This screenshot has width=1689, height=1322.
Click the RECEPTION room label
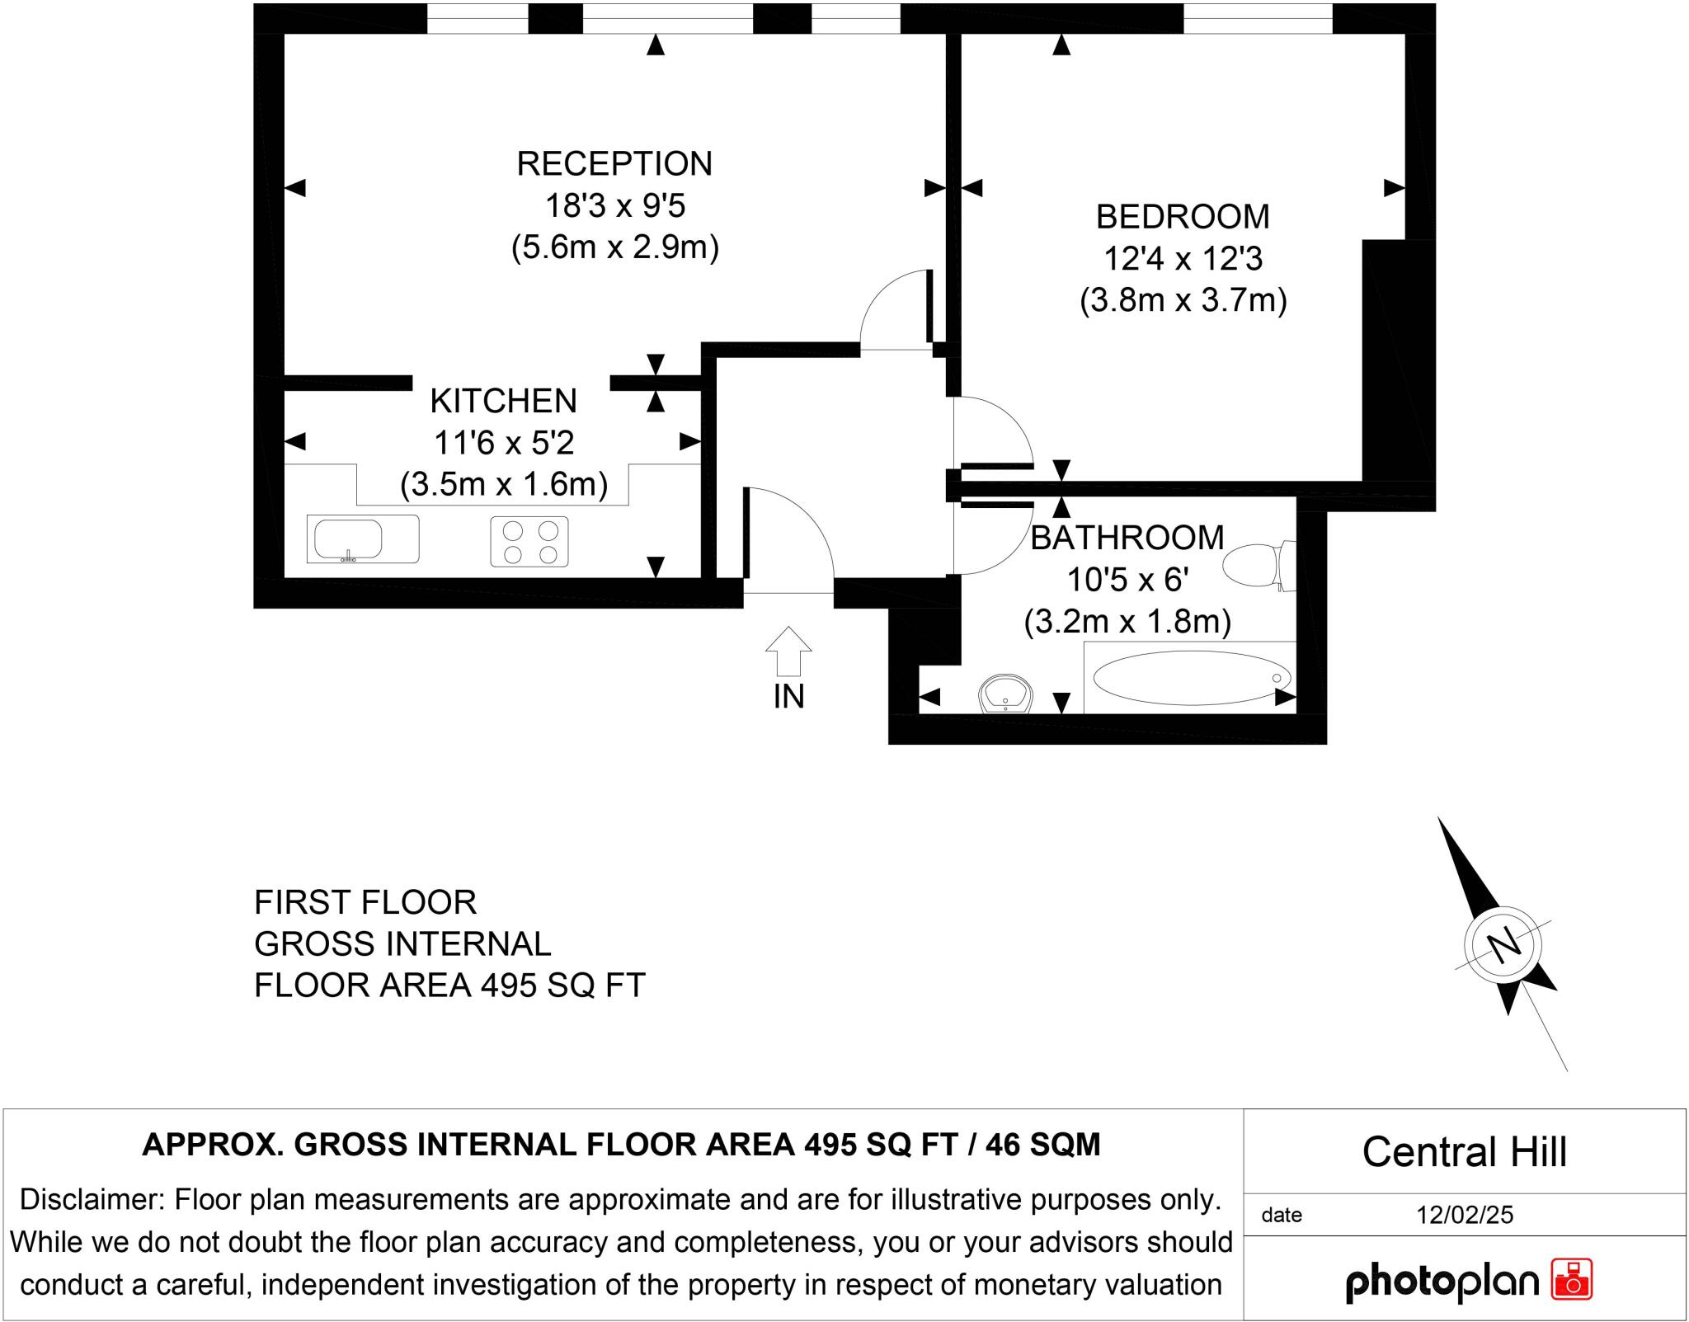[614, 163]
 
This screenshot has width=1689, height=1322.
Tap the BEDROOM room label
[1183, 217]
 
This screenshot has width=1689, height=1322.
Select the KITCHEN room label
[503, 401]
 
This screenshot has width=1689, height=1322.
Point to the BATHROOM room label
[1127, 538]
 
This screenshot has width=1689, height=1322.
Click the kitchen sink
[363, 539]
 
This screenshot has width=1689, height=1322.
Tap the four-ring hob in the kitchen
[529, 541]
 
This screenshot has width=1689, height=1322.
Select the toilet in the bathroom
[1259, 566]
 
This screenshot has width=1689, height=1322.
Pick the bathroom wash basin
[1006, 694]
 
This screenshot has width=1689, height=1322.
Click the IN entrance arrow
[789, 652]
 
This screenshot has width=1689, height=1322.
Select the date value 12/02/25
[1465, 1215]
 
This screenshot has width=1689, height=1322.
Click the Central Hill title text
[1464, 1152]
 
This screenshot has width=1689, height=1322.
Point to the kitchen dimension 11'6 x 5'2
[504, 443]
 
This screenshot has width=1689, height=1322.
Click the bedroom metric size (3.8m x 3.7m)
[1183, 299]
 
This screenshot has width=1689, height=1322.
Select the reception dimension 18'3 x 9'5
[615, 205]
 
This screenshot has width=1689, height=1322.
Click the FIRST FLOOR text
[365, 902]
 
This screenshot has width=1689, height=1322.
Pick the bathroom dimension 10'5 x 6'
[1127, 580]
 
